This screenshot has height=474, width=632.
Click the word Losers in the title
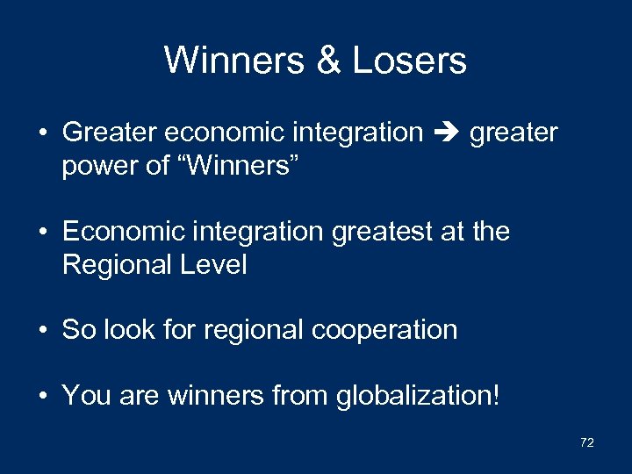[x=409, y=61]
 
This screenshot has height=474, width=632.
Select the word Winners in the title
[x=232, y=61]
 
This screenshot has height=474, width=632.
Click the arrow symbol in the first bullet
[x=446, y=133]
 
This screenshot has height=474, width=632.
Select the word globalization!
[x=418, y=396]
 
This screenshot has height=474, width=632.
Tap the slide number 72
[x=587, y=442]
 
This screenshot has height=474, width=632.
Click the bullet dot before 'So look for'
[x=42, y=331]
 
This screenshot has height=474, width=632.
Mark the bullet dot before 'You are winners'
[x=42, y=396]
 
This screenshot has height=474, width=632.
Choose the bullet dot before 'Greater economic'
[x=42, y=133]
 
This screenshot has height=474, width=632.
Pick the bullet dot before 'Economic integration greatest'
[x=42, y=233]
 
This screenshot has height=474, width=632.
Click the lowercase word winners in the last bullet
[x=215, y=396]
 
